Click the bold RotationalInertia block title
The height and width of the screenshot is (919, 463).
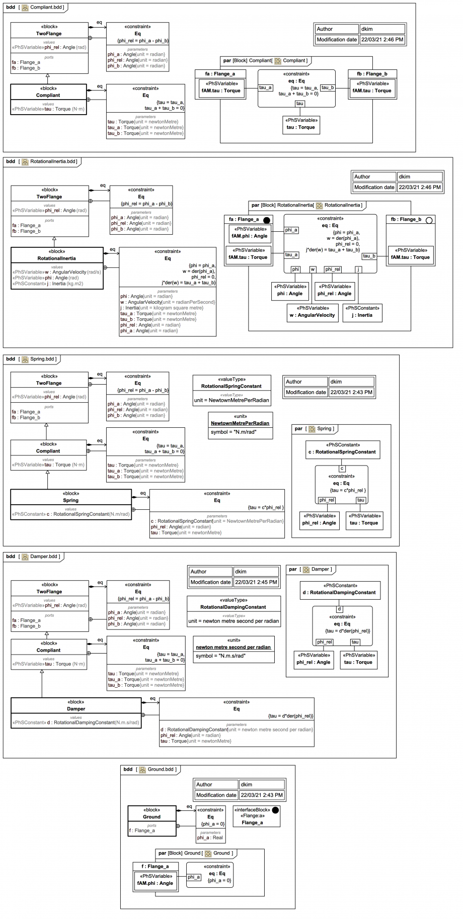pos(56,258)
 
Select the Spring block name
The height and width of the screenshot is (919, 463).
pos(70,500)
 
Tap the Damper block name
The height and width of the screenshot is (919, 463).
pos(76,709)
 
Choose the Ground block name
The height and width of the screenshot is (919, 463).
pos(151,817)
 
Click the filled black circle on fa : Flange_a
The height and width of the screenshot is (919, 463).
pos(267,220)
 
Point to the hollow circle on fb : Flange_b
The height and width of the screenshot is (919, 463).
pos(429,220)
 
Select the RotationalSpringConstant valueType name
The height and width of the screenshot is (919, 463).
pos(232,386)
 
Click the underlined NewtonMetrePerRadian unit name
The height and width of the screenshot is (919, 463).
pos(240,423)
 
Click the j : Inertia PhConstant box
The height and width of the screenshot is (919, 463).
pos(362,312)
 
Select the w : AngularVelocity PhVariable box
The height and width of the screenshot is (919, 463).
pos(312,312)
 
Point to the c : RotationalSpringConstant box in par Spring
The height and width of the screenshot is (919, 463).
pos(342,449)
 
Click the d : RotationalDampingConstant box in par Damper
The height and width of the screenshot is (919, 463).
pos(340,590)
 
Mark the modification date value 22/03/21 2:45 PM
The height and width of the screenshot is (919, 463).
pos(256,582)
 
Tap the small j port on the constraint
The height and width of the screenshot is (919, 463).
pos(358,269)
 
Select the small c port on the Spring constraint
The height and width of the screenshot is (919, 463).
pos(342,469)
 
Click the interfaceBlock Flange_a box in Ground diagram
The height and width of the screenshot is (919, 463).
pos(256,816)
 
